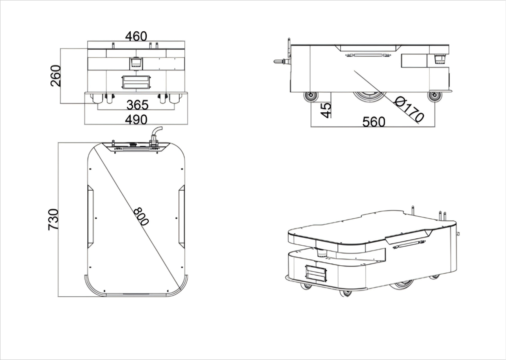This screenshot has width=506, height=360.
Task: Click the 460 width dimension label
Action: coord(136,36)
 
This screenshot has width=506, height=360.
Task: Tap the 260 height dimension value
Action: coord(56,76)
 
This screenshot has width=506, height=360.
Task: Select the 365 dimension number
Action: coord(137,105)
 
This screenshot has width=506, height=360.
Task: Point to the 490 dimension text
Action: coord(136,119)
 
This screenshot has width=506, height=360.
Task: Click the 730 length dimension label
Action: coord(54,220)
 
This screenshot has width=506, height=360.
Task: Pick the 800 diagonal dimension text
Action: coord(141,217)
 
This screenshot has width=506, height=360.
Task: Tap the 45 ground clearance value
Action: coord(326,110)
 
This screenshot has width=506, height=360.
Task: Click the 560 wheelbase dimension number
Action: coord(374,122)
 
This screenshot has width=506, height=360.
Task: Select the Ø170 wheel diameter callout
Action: coord(409,110)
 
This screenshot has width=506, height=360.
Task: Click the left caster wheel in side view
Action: coord(311,96)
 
